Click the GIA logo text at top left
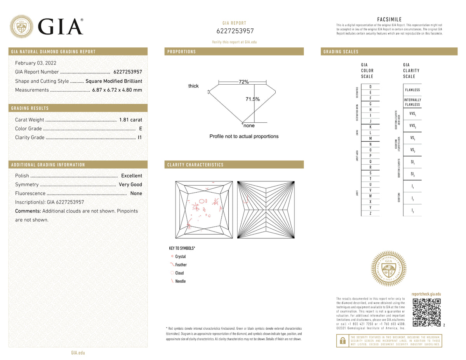[61, 26]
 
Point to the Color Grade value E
[140, 129]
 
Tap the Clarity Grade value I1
[140, 137]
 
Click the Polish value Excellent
[131, 176]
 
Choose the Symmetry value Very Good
[130, 184]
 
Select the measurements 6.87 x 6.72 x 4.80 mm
[117, 90]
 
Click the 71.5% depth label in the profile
[252, 99]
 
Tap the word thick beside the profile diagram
[193, 86]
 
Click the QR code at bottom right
[426, 313]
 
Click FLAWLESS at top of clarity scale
[412, 90]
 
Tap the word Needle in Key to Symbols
[181, 281]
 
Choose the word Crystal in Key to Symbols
[181, 257]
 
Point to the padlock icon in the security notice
[343, 341]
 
